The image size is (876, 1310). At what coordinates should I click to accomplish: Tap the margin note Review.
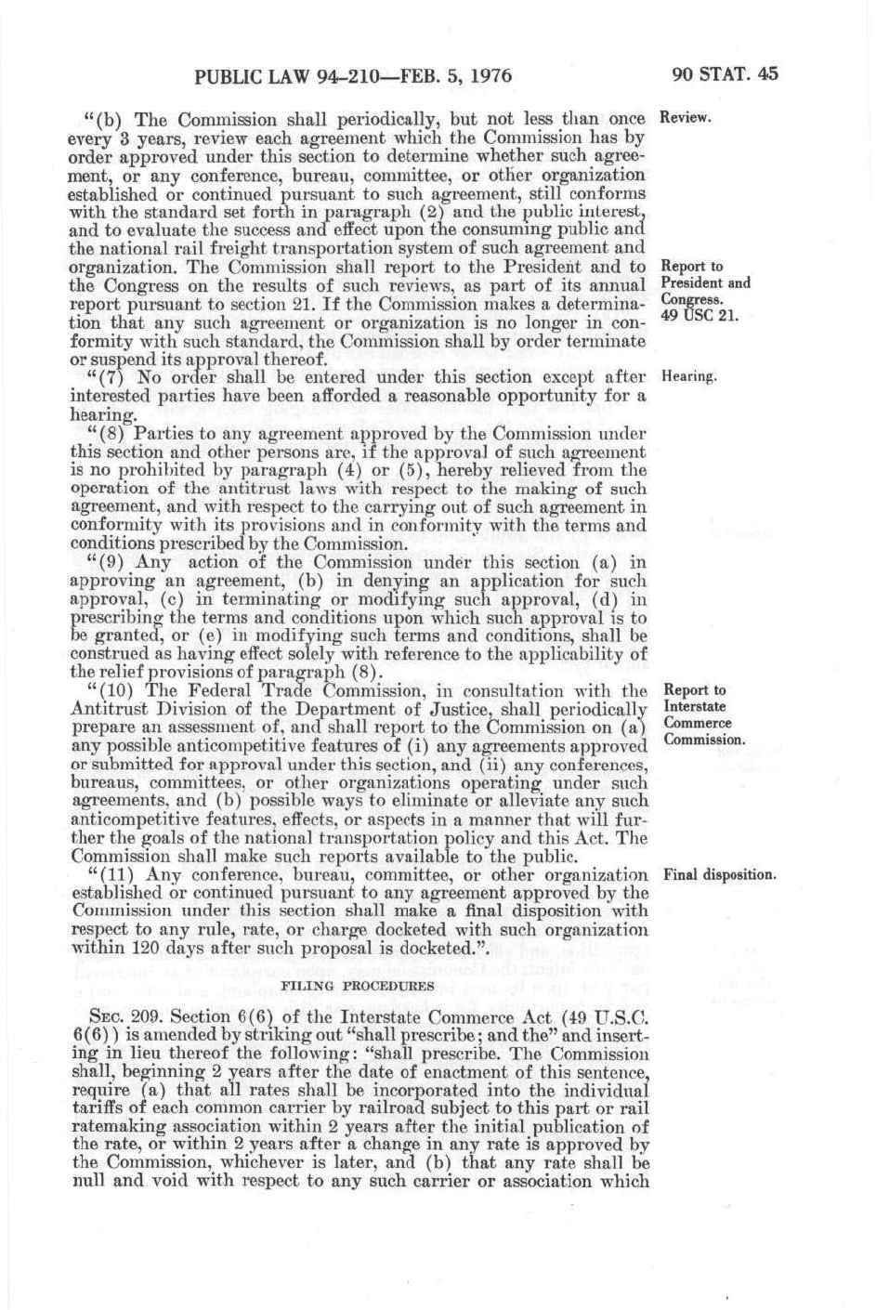(685, 118)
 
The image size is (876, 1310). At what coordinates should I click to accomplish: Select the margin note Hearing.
(688, 377)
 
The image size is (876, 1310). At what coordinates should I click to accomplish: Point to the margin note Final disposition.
(720, 875)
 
